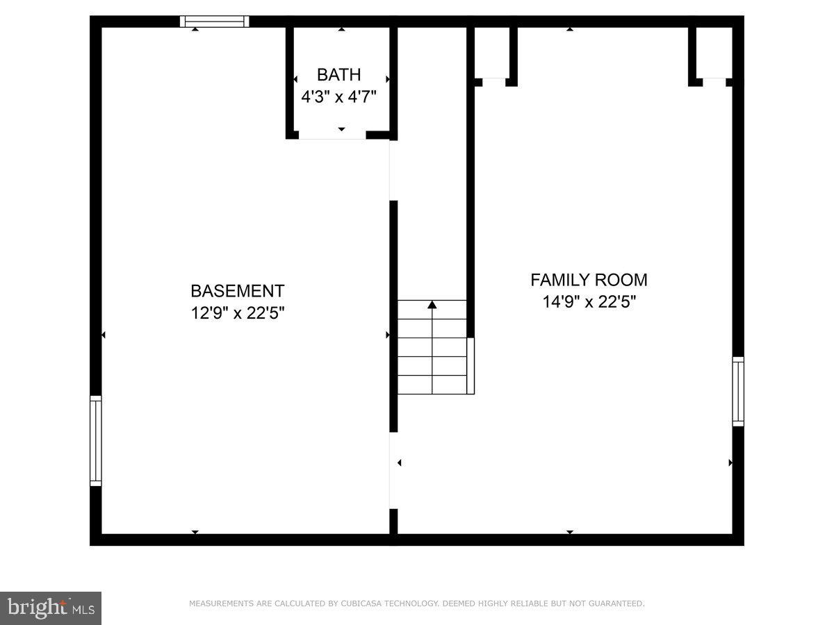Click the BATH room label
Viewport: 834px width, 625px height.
pyautogui.click(x=338, y=75)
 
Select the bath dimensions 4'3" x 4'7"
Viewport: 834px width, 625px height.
pyautogui.click(x=338, y=97)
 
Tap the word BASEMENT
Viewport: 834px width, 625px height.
pyautogui.click(x=238, y=291)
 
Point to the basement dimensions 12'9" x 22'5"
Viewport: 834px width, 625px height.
pyautogui.click(x=238, y=313)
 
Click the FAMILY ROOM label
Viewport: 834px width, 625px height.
pyautogui.click(x=589, y=280)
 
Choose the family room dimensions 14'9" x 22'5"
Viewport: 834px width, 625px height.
pyautogui.click(x=589, y=302)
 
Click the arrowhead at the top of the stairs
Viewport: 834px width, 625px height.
pyautogui.click(x=432, y=304)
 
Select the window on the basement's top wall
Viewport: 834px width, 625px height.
pyautogui.click(x=214, y=22)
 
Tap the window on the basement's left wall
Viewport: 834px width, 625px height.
pyautogui.click(x=96, y=440)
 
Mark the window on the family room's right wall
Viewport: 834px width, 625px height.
pyautogui.click(x=738, y=391)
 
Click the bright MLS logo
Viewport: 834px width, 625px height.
pyautogui.click(x=51, y=608)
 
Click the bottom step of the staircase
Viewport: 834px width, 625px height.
pyautogui.click(x=432, y=385)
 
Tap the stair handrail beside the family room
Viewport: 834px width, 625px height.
pyautogui.click(x=471, y=365)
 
